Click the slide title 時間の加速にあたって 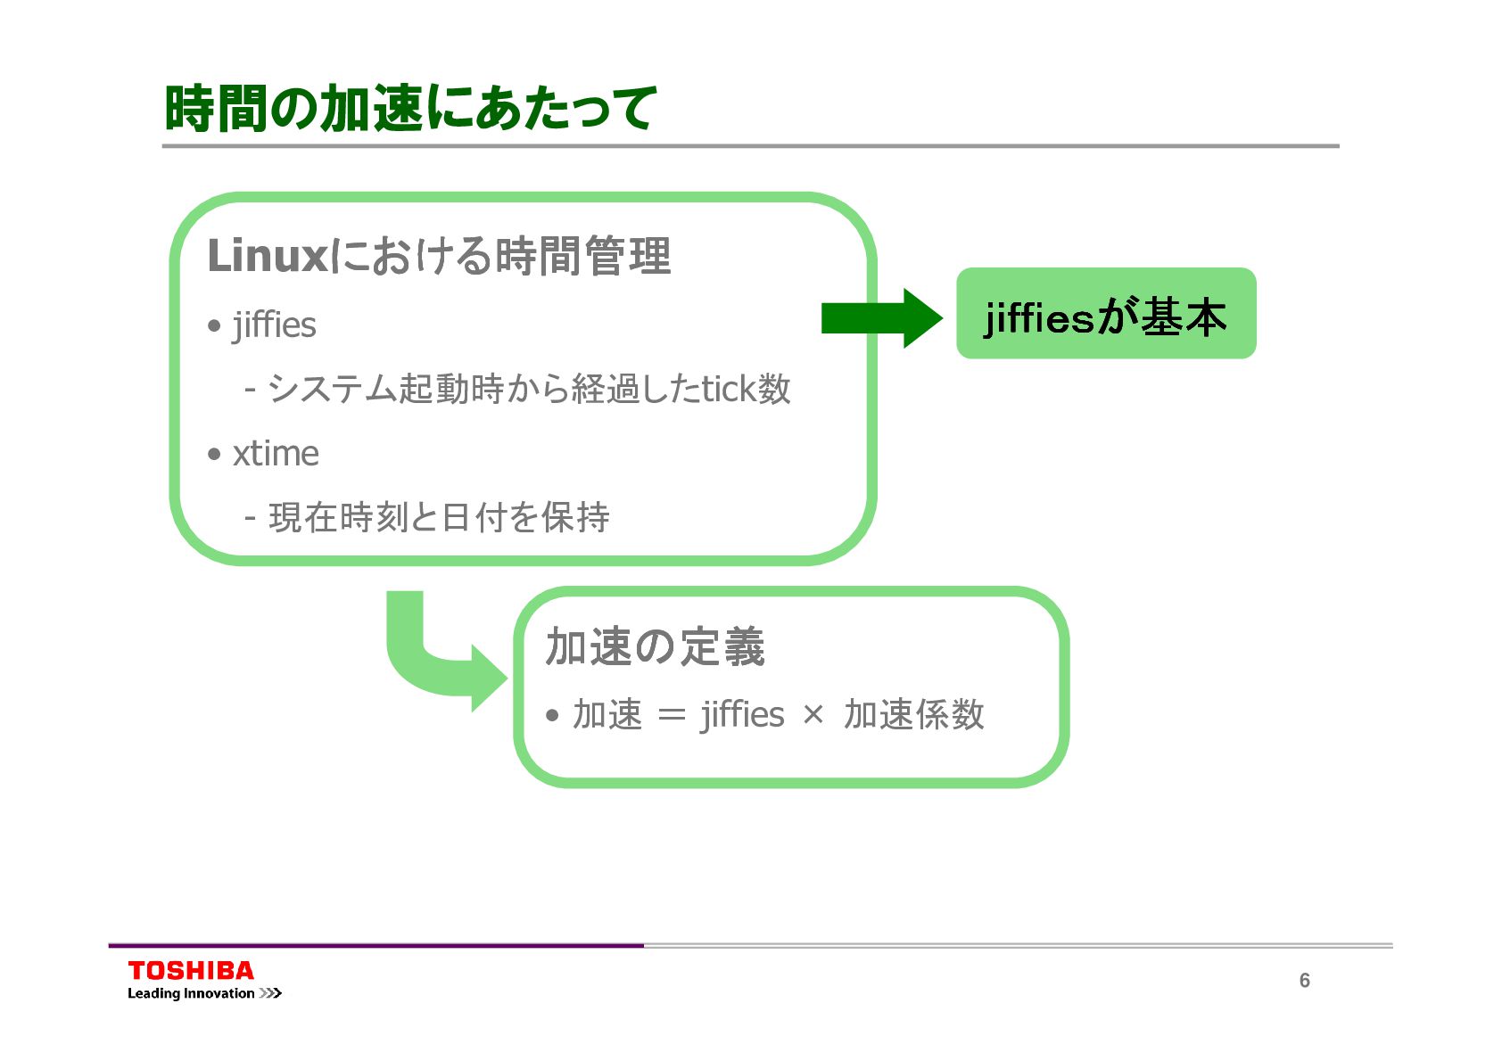(x=410, y=108)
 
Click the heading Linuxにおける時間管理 (x=438, y=256)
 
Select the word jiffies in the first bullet (x=274, y=325)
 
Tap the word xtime (x=276, y=454)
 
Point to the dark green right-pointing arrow (x=881, y=317)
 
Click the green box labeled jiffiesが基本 (x=1105, y=314)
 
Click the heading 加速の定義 (x=655, y=646)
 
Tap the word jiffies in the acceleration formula (x=742, y=715)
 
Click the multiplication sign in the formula (x=813, y=715)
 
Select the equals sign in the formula (x=671, y=715)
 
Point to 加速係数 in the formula (x=913, y=715)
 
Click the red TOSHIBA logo (x=191, y=970)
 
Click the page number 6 (x=1304, y=981)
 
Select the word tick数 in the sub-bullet (x=746, y=389)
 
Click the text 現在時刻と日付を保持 (x=439, y=517)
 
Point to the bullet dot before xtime (x=214, y=455)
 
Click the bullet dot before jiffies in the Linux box (x=214, y=326)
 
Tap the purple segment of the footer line (x=375, y=945)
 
